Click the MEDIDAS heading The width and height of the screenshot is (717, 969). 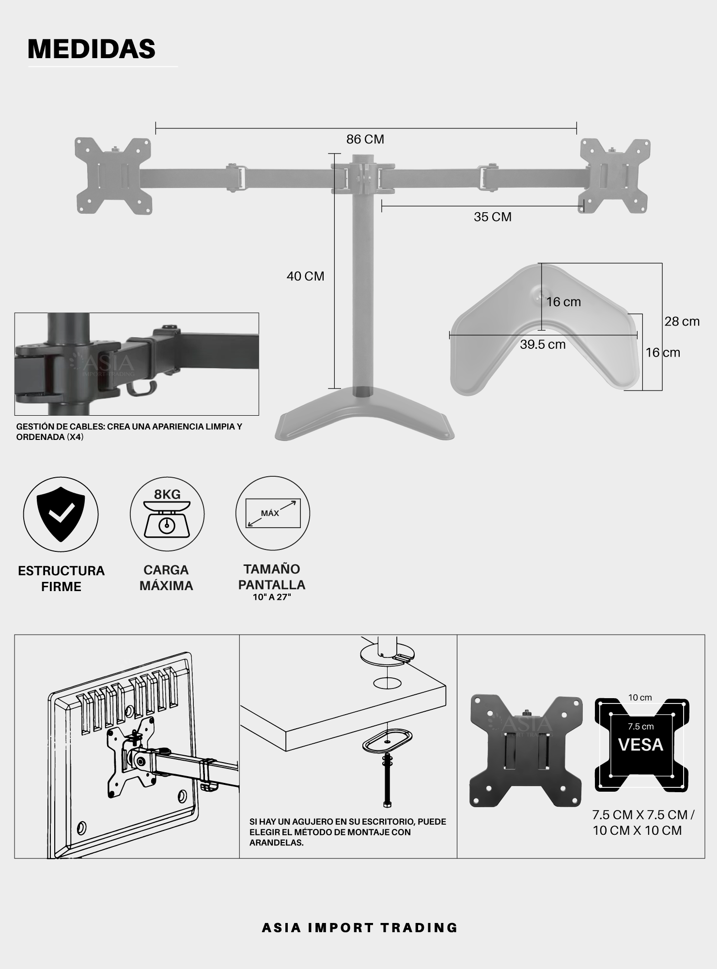coord(92,49)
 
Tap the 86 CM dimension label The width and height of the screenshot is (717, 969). coord(365,140)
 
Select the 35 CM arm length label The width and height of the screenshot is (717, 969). coord(492,217)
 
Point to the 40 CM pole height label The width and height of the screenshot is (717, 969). coord(305,276)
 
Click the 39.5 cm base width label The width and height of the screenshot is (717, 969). coord(543,344)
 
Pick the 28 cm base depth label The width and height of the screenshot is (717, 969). coord(682,322)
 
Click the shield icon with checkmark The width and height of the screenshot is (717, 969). coord(61,514)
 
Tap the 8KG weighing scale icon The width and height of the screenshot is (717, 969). coord(167,514)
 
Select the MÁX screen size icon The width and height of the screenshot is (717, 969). coord(273,514)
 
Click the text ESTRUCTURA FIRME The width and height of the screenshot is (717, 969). coord(61,578)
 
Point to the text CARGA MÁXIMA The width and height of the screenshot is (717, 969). coord(166,578)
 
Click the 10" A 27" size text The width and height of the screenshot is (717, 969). coord(272,597)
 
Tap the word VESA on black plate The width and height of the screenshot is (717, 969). coord(640,745)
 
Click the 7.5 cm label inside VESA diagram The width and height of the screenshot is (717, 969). coord(640,727)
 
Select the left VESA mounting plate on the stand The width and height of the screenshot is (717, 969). coord(113,175)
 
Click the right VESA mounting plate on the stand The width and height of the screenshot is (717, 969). coord(615,176)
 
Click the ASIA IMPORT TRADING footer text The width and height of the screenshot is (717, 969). coord(359,927)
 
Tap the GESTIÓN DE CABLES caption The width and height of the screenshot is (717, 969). coord(129,432)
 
